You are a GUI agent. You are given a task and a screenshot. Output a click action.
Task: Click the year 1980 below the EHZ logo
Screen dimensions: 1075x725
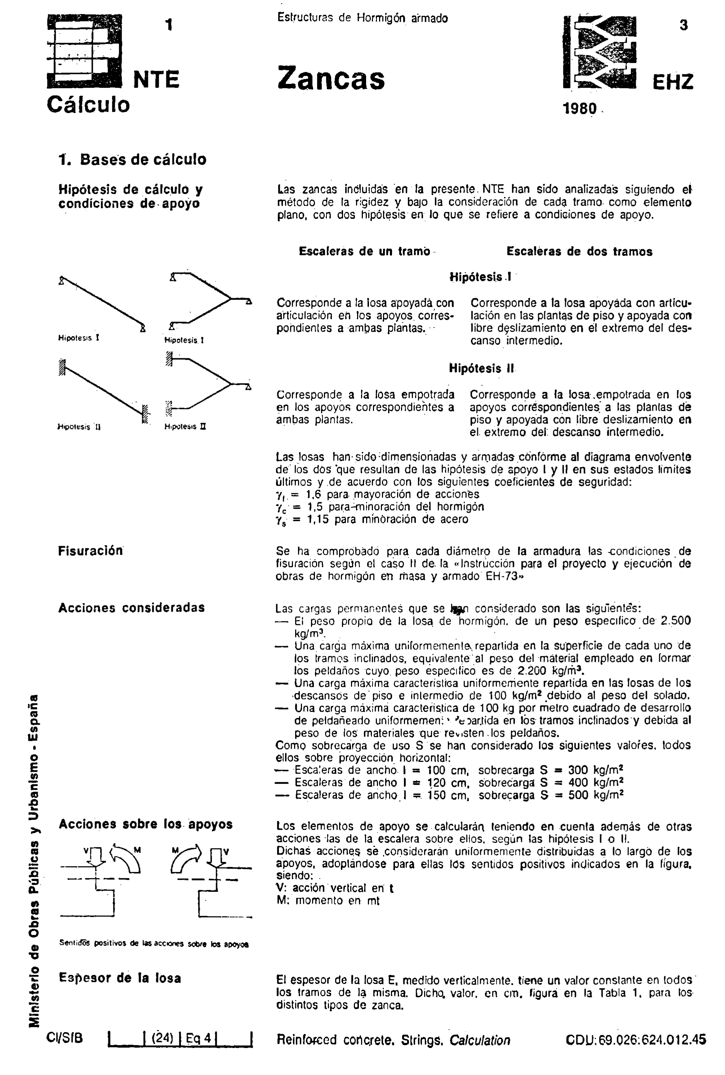click(x=580, y=109)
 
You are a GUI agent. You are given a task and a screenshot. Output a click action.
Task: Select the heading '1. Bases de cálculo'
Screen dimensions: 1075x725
click(x=133, y=159)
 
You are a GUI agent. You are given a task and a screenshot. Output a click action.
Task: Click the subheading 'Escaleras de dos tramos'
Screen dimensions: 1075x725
click(x=579, y=252)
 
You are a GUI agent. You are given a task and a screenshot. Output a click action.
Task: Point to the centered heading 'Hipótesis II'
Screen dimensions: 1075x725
click(x=481, y=368)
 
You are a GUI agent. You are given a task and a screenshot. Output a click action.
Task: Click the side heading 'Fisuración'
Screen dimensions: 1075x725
click(x=91, y=551)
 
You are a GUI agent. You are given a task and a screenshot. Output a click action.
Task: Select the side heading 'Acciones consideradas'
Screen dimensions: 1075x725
click(x=131, y=608)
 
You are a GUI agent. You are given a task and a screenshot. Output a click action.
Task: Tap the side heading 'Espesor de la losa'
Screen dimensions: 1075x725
click(x=120, y=978)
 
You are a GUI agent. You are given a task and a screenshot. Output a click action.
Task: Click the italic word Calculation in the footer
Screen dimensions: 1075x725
click(x=479, y=1040)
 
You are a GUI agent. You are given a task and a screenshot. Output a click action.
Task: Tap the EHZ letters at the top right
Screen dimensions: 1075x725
click(x=673, y=82)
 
